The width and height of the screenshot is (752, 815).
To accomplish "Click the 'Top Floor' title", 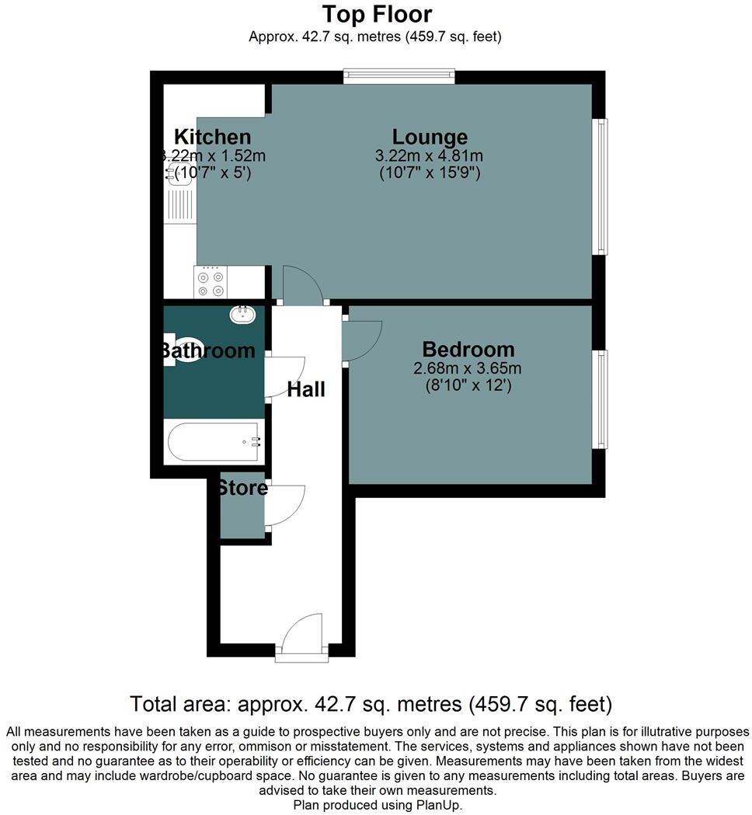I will pyautogui.click(x=377, y=14).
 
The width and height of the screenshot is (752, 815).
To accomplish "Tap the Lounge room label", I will pyautogui.click(x=430, y=137).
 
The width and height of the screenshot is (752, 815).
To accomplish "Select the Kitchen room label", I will pyautogui.click(x=212, y=137).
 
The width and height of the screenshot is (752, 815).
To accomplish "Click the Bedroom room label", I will pyautogui.click(x=468, y=350).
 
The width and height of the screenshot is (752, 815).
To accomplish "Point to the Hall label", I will pyautogui.click(x=306, y=390).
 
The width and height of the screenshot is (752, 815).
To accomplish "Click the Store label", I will pyautogui.click(x=242, y=489).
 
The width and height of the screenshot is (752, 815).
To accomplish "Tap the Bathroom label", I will pyautogui.click(x=207, y=351).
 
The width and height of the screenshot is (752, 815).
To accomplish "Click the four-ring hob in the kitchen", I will pyautogui.click(x=211, y=284).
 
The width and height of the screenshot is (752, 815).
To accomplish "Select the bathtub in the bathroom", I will pyautogui.click(x=214, y=442).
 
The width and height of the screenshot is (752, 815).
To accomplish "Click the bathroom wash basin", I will pyautogui.click(x=244, y=315).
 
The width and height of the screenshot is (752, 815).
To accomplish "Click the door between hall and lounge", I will pyautogui.click(x=301, y=286).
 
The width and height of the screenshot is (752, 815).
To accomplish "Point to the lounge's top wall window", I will pyautogui.click(x=399, y=75).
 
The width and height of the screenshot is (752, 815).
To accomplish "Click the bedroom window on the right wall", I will pyautogui.click(x=601, y=399).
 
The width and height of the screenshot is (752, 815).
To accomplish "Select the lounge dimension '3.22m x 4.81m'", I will pyautogui.click(x=429, y=156).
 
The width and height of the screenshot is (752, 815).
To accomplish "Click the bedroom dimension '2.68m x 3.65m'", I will pyautogui.click(x=467, y=368).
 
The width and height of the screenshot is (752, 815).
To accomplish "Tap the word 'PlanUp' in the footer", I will pyautogui.click(x=438, y=806).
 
